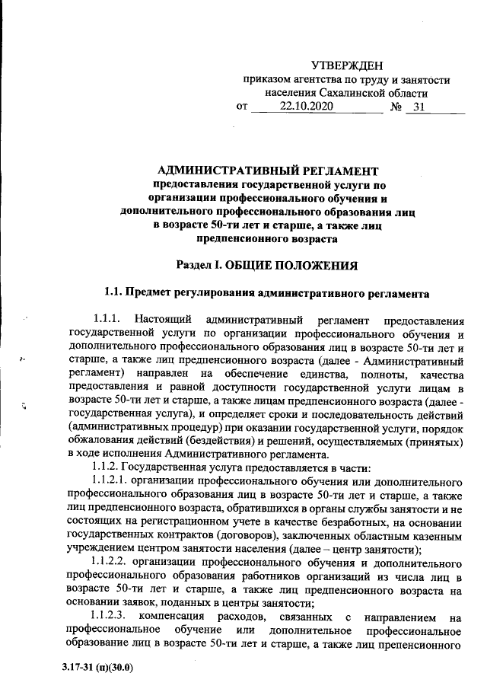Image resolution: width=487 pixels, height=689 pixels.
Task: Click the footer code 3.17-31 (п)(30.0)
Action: pos(98,668)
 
